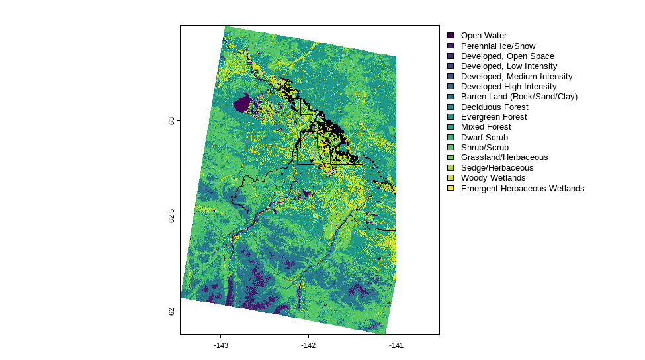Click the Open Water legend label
(x=484, y=36)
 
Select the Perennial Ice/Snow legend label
(x=498, y=46)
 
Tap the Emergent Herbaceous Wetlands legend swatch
(x=451, y=189)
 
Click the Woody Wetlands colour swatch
(x=451, y=178)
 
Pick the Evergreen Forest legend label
(x=494, y=117)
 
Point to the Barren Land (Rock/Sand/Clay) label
(x=519, y=97)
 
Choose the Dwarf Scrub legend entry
(x=484, y=138)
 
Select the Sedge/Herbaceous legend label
(x=497, y=168)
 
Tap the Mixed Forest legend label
(x=486, y=127)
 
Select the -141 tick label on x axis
(x=396, y=345)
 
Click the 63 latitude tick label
(x=172, y=121)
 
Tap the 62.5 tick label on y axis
(x=172, y=216)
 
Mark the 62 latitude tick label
(x=172, y=311)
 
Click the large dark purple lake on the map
(x=243, y=104)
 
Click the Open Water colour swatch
(x=451, y=36)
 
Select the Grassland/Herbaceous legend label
(x=504, y=157)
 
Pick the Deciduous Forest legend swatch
(x=451, y=107)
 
